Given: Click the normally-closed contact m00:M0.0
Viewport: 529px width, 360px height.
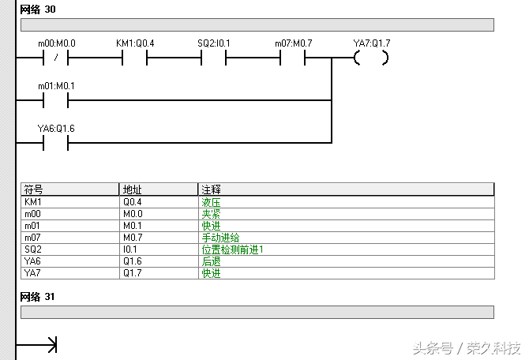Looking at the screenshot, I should click(55, 58).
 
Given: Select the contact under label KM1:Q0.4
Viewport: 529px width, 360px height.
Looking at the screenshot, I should click(135, 58).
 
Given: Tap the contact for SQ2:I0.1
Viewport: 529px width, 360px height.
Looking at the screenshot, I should click(214, 58).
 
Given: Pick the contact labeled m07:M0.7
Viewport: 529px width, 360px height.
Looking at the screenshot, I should click(293, 58).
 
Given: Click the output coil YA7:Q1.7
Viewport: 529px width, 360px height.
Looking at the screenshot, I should click(371, 58).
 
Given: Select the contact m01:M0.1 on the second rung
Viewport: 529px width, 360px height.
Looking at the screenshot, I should click(55, 100).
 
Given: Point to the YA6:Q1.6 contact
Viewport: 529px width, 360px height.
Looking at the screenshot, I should click(55, 143).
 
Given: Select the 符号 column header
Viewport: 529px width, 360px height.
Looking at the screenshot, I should click(34, 189).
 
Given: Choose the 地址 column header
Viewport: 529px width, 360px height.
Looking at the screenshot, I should click(132, 189).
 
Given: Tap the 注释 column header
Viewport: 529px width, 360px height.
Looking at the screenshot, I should click(212, 189).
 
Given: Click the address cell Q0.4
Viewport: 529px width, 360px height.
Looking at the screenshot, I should click(132, 202).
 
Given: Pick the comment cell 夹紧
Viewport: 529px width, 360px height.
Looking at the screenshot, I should click(211, 214).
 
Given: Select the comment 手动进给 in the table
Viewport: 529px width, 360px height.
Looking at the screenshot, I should click(221, 238).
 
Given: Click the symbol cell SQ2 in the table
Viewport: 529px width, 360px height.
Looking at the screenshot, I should click(32, 249).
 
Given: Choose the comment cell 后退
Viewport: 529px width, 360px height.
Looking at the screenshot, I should click(211, 261).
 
